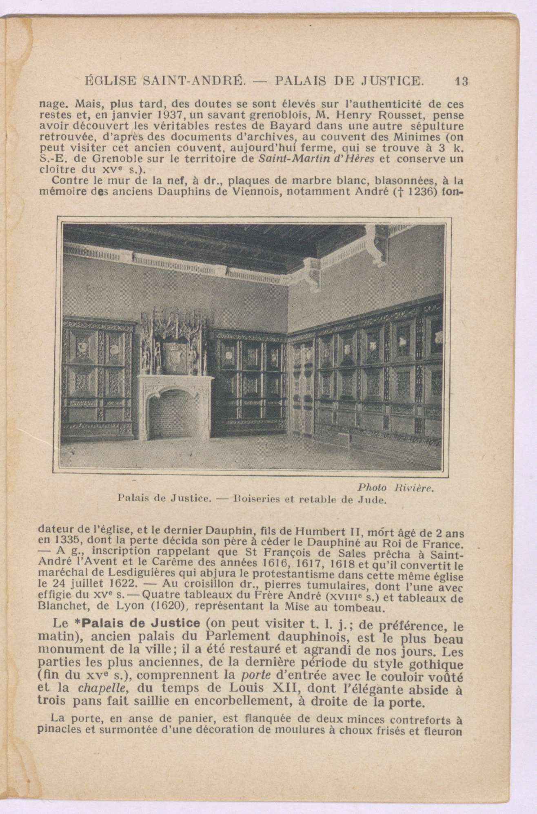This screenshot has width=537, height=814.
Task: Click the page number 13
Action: point(462,81)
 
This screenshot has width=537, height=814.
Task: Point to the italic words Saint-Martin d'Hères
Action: point(317,159)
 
